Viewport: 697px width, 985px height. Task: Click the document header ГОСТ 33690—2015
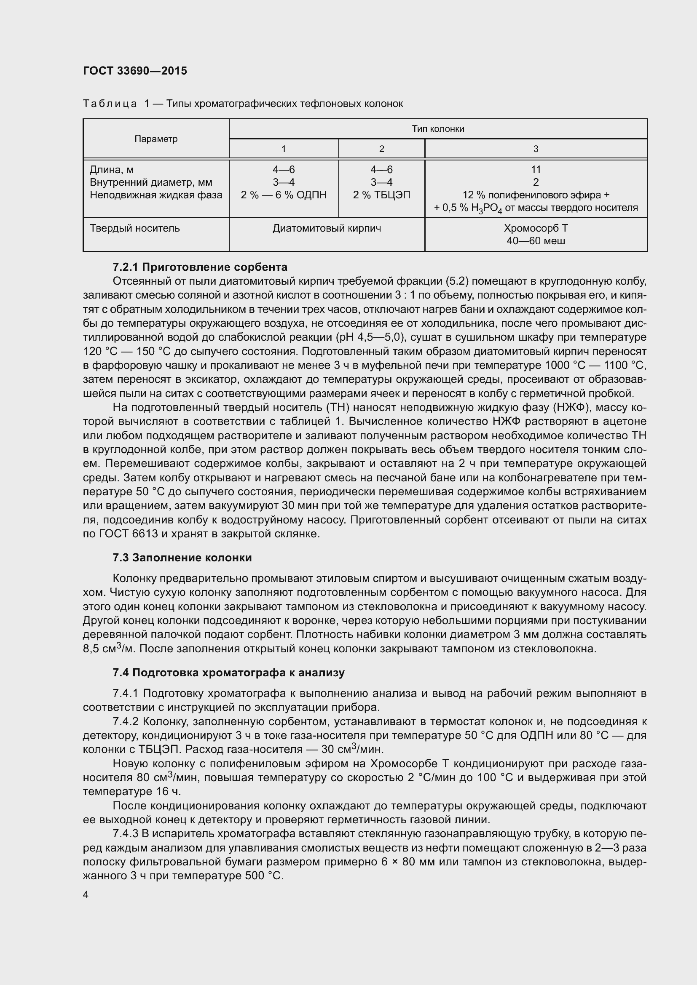click(x=135, y=71)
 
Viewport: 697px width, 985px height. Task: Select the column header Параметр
click(x=156, y=139)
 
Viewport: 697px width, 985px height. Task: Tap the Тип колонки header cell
click(x=438, y=129)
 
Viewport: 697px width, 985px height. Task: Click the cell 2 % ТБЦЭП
click(x=381, y=195)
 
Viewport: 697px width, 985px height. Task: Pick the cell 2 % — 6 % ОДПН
click(x=284, y=195)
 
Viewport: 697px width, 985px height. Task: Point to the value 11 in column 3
click(x=536, y=170)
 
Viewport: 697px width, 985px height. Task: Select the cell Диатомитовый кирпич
click(x=327, y=228)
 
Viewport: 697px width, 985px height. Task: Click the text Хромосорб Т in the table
click(x=536, y=228)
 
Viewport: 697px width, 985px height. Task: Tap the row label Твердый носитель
click(x=135, y=228)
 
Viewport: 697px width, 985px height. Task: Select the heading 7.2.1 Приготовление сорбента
click(x=200, y=267)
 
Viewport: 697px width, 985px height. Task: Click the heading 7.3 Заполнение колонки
click(x=182, y=558)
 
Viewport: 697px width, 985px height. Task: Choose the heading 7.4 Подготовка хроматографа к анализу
click(x=228, y=673)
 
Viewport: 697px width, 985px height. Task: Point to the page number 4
click(x=86, y=895)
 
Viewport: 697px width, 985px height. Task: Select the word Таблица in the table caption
click(x=110, y=104)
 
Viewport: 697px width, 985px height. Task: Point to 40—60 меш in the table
click(x=536, y=241)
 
